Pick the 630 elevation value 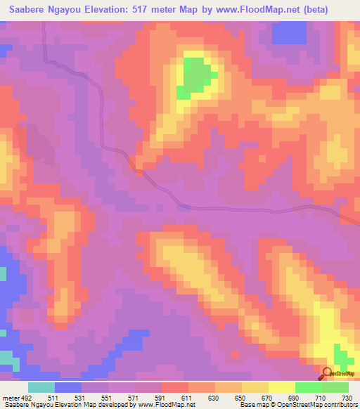[214, 398]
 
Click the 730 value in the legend [346, 398]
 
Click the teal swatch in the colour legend [41, 387]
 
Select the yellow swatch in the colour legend [281, 387]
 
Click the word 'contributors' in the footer [340, 405]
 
